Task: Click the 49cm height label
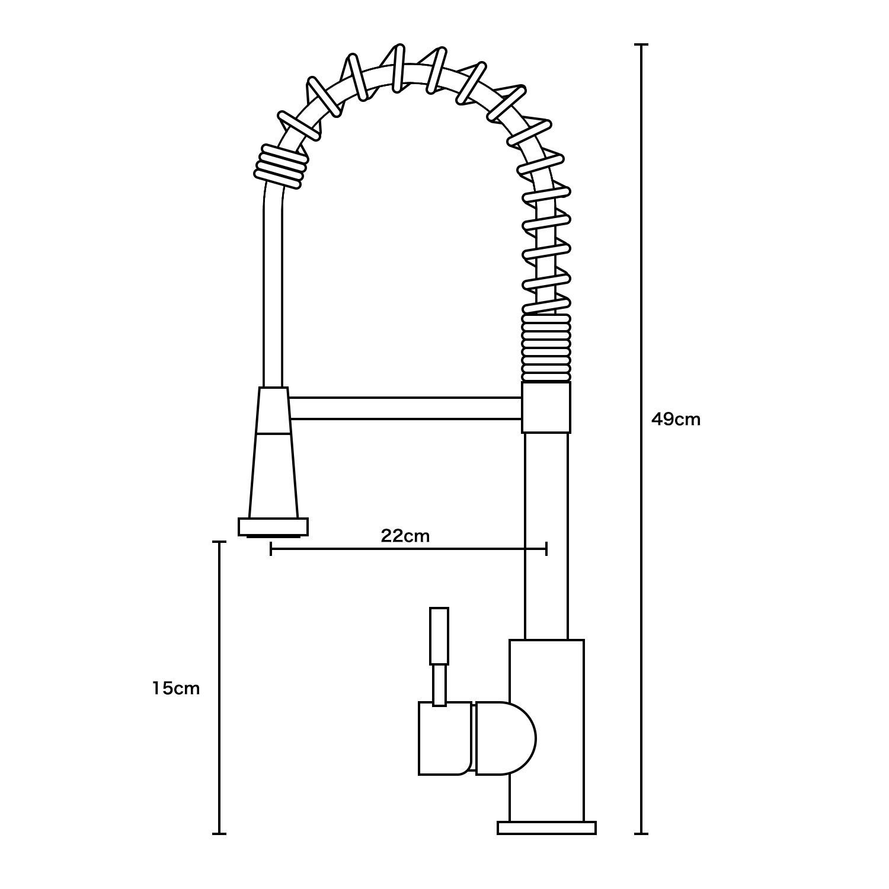[676, 420]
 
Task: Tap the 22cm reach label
[405, 536]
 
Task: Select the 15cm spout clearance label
[175, 688]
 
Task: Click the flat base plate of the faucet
[546, 827]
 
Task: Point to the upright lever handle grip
[439, 635]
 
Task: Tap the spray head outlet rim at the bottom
[273, 527]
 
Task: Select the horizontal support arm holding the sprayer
[405, 409]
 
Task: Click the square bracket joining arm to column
[546, 407]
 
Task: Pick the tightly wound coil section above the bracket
[546, 347]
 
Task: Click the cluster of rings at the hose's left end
[280, 166]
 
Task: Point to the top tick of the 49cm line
[641, 44]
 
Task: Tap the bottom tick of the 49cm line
[641, 834]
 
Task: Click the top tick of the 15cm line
[219, 542]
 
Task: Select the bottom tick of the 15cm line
[219, 834]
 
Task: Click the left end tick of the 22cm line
[271, 549]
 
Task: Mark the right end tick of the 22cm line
[546, 549]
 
